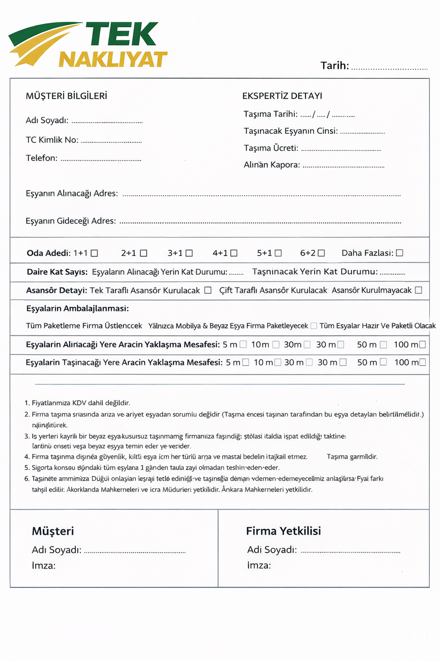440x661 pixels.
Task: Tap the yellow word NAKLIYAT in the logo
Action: tap(113, 59)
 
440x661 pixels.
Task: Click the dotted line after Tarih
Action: tap(389, 68)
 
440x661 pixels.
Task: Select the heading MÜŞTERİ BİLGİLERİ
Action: tap(66, 96)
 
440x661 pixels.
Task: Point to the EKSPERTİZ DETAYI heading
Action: tap(282, 96)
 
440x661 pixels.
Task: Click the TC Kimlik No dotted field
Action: tap(111, 141)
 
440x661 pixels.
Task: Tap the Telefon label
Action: tap(42, 158)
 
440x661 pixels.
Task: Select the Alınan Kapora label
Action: tap(272, 165)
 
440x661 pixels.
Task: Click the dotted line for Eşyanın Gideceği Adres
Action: tap(260, 222)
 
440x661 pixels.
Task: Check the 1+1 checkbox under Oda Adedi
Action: tap(94, 253)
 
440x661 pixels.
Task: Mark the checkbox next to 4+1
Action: tap(234, 253)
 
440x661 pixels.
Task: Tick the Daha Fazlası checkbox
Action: tap(399, 253)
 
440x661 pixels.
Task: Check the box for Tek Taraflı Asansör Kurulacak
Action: tap(208, 290)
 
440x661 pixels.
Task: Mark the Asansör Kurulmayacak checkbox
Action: tap(418, 290)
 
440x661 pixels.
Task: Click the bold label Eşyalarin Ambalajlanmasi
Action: tap(77, 308)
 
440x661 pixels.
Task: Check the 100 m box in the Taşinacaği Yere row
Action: tap(422, 362)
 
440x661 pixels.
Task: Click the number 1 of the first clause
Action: tap(26, 403)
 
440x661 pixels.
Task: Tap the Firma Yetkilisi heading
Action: tap(283, 531)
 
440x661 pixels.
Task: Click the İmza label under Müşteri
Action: tap(44, 566)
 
